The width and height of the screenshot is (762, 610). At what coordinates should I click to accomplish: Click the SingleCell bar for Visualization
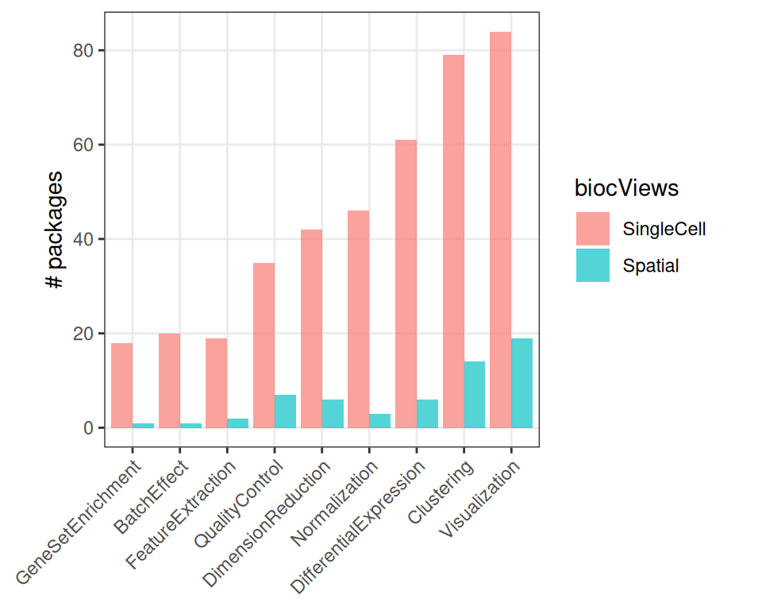[x=500, y=230]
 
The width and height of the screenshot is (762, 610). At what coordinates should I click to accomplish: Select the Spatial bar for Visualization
[x=521, y=383]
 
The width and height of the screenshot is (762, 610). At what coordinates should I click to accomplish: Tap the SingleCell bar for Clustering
[x=453, y=241]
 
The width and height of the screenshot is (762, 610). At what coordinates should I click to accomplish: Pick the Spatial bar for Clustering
[x=474, y=395]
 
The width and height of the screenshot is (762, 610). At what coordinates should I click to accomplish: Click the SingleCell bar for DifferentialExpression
[x=406, y=284]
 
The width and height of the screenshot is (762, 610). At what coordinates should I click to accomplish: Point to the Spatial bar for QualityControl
[x=285, y=411]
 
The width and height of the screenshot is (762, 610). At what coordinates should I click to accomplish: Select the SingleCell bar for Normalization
[x=358, y=319]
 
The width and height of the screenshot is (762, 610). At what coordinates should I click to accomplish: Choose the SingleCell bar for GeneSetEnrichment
[x=121, y=385]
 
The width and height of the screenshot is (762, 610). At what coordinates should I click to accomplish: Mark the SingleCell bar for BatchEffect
[x=169, y=380]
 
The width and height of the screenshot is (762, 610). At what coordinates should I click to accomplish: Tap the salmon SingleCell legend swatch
[x=593, y=229]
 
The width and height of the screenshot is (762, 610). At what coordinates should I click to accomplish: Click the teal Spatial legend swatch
[x=593, y=265]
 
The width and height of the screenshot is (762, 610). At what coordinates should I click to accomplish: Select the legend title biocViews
[x=627, y=188]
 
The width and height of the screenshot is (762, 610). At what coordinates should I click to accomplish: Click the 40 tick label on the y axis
[x=83, y=239]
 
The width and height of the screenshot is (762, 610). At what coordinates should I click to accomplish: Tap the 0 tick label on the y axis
[x=88, y=428]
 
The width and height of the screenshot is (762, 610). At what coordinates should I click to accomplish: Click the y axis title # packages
[x=56, y=239]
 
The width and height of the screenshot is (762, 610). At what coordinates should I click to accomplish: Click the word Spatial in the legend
[x=651, y=265]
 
